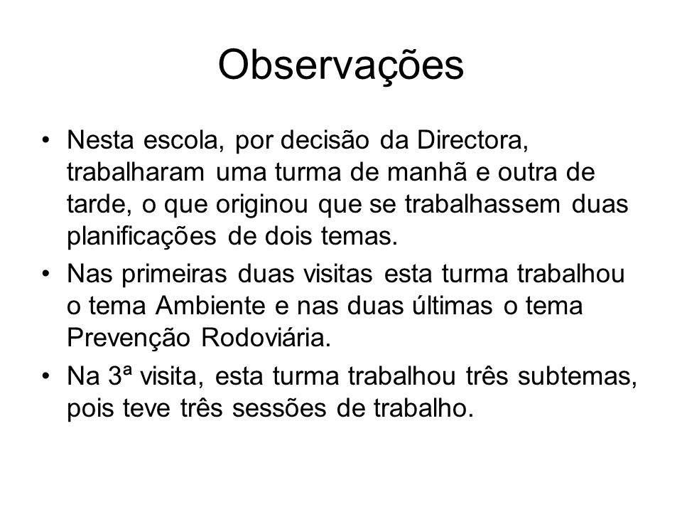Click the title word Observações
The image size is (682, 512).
click(341, 65)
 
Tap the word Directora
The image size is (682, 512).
click(473, 140)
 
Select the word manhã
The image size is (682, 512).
click(427, 172)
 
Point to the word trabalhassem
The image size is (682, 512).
click(483, 204)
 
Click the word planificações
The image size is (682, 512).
click(141, 237)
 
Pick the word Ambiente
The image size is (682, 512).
click(210, 306)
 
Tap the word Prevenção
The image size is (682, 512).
click(129, 338)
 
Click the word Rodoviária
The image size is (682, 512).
click(266, 338)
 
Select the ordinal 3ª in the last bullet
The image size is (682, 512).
click(119, 376)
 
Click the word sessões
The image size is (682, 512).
click(278, 408)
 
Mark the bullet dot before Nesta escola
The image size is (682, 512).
click(45, 141)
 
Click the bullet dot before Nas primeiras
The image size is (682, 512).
click(45, 274)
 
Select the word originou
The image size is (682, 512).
click(262, 205)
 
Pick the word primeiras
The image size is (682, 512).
click(174, 274)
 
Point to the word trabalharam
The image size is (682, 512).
click(136, 172)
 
